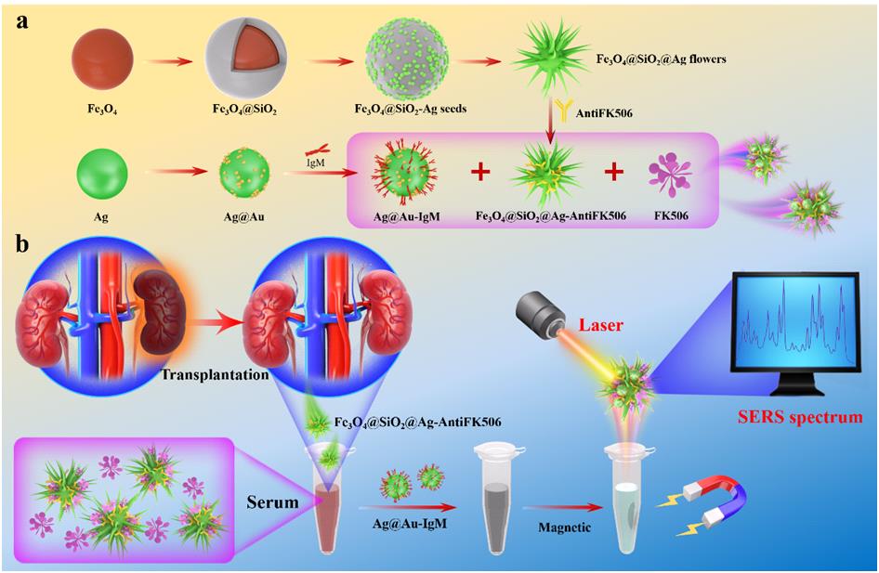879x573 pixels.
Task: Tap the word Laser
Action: click(x=600, y=325)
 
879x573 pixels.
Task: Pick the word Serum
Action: click(x=272, y=502)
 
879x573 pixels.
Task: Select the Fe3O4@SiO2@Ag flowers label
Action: click(x=661, y=59)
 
